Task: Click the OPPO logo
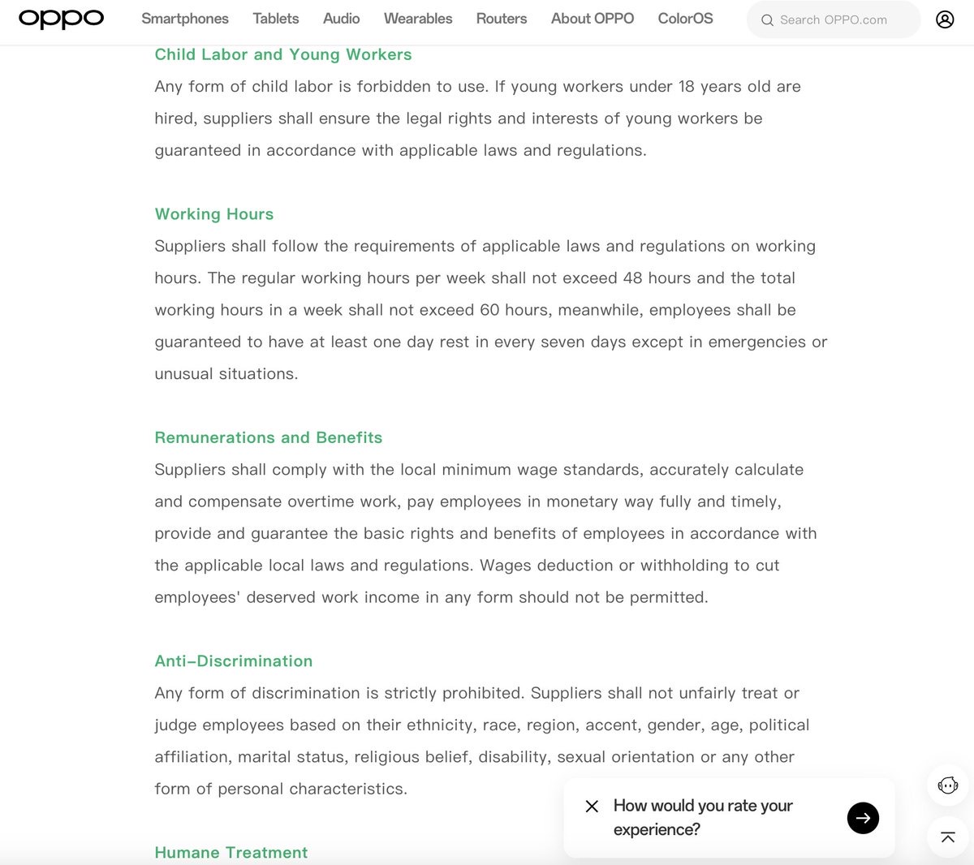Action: click(x=61, y=19)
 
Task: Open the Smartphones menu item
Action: click(x=185, y=19)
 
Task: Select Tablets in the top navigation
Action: click(x=276, y=19)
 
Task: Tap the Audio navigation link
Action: click(x=341, y=19)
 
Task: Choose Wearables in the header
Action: click(x=418, y=19)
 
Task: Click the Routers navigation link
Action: click(x=502, y=19)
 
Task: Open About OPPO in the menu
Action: click(x=593, y=19)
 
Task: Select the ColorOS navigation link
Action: click(x=685, y=19)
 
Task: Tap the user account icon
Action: click(x=945, y=19)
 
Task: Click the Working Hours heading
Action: click(x=214, y=214)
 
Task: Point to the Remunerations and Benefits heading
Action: click(x=269, y=437)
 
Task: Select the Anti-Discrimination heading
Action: click(x=234, y=661)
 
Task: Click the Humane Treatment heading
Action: click(x=231, y=853)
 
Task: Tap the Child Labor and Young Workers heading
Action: click(x=283, y=54)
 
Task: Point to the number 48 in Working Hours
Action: click(x=632, y=278)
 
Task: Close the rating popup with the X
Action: click(x=592, y=806)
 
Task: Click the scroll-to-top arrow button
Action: click(x=947, y=837)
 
